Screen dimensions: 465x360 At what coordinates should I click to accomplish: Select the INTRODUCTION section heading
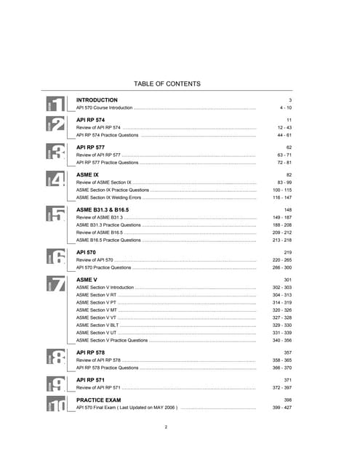(x=97, y=100)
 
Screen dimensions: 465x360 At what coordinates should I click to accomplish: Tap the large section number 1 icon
(x=56, y=105)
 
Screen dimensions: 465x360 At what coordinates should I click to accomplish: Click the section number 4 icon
(x=56, y=179)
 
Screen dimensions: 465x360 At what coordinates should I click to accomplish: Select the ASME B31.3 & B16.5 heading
(x=108, y=209)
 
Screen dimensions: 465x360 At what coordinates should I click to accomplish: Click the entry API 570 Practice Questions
(x=104, y=267)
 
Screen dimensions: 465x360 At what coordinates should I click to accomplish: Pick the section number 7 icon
(x=56, y=285)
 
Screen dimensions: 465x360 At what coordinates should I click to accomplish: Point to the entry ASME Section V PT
(x=96, y=302)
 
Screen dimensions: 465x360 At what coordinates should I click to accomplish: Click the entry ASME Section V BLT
(x=97, y=325)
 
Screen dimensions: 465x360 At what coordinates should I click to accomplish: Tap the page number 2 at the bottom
(x=166, y=426)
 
